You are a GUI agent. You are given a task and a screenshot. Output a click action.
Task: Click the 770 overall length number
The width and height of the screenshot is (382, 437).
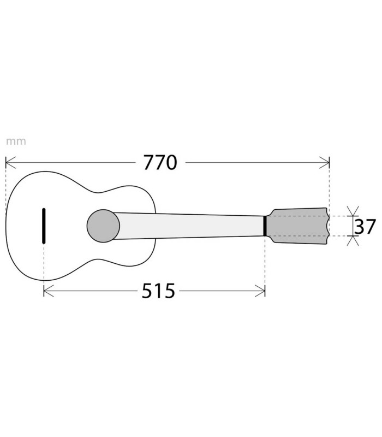[160, 162]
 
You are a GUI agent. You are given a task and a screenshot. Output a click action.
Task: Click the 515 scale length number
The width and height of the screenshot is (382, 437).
[158, 291]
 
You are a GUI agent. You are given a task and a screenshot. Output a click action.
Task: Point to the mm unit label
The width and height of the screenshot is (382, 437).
[16, 141]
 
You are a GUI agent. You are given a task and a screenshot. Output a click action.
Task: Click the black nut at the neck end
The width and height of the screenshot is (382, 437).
[265, 226]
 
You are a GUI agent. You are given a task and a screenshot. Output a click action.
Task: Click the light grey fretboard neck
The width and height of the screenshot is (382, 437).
[191, 225]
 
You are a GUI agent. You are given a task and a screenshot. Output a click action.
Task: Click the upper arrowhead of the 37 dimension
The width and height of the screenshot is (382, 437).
[350, 212]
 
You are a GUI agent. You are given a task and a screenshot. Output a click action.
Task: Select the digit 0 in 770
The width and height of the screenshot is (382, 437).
[170, 162]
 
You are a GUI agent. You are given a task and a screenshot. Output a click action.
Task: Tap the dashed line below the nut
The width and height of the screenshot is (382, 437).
[265, 262]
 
